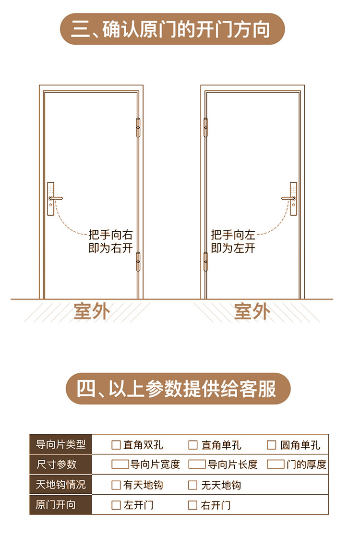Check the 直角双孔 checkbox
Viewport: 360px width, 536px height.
116,445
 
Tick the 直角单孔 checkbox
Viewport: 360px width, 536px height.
193,445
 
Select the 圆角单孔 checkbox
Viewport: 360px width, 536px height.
272,445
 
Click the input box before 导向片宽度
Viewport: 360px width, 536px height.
120,465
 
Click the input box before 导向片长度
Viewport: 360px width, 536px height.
197,465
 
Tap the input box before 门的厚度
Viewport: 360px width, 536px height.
276,465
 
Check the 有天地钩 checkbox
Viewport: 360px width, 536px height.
116,485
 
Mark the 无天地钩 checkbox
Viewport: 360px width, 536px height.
193,485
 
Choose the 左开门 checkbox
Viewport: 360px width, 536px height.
116,505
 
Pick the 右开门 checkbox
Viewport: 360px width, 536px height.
193,505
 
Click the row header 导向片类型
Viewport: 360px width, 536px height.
60,445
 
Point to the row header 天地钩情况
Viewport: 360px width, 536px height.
60,485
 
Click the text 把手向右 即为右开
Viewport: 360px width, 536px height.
110,241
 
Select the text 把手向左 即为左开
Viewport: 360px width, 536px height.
233,241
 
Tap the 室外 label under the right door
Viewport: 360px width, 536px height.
252,312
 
